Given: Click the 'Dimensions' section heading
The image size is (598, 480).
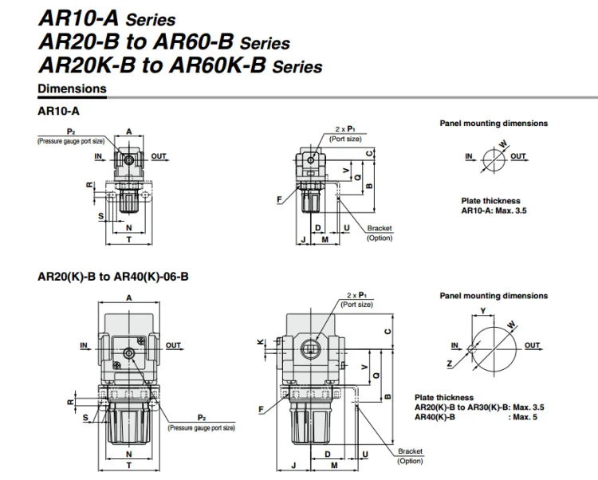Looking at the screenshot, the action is point(72,89).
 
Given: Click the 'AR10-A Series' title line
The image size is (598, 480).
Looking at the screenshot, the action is point(107,18).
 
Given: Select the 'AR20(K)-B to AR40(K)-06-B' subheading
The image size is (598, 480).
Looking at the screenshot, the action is point(113,277).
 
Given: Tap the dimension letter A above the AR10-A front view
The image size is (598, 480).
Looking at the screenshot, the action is point(129,132).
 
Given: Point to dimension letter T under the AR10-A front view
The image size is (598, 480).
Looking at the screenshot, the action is point(129,240).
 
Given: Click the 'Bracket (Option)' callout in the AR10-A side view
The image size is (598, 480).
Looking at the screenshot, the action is point(380,233).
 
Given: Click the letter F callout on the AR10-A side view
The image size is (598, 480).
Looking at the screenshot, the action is point(279,199).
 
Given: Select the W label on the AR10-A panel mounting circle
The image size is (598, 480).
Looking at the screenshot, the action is point(503,144).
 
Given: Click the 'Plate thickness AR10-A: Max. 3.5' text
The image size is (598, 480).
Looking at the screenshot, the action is point(494,206).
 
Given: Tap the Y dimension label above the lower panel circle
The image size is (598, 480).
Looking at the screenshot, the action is point(483,311).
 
